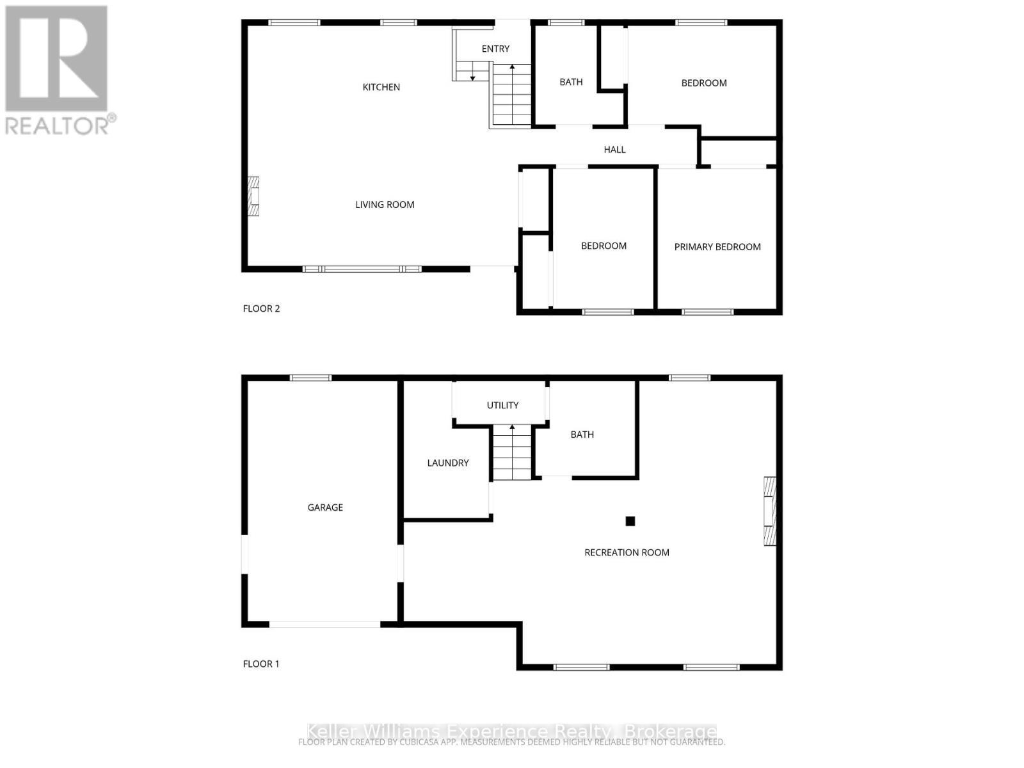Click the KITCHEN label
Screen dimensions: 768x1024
[381, 87]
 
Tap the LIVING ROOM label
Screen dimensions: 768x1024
[385, 205]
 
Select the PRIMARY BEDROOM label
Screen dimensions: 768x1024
[717, 247]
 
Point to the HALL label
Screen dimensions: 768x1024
[614, 150]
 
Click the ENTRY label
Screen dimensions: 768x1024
[495, 49]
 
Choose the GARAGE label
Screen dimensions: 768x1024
[325, 508]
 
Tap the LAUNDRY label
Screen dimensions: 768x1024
[448, 463]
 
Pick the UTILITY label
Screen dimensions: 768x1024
[502, 405]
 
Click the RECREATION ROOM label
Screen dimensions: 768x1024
[627, 552]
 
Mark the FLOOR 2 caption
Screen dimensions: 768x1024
[261, 308]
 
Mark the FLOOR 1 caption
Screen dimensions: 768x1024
[261, 664]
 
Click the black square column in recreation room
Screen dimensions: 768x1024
[630, 521]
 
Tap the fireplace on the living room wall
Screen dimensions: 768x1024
[254, 196]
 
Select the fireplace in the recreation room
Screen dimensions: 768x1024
[770, 511]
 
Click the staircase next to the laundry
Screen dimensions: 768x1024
[511, 453]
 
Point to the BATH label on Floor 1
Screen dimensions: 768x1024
[582, 435]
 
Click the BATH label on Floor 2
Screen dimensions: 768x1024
[571, 82]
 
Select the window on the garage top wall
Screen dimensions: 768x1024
[310, 378]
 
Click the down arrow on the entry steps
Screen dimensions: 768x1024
[472, 76]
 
